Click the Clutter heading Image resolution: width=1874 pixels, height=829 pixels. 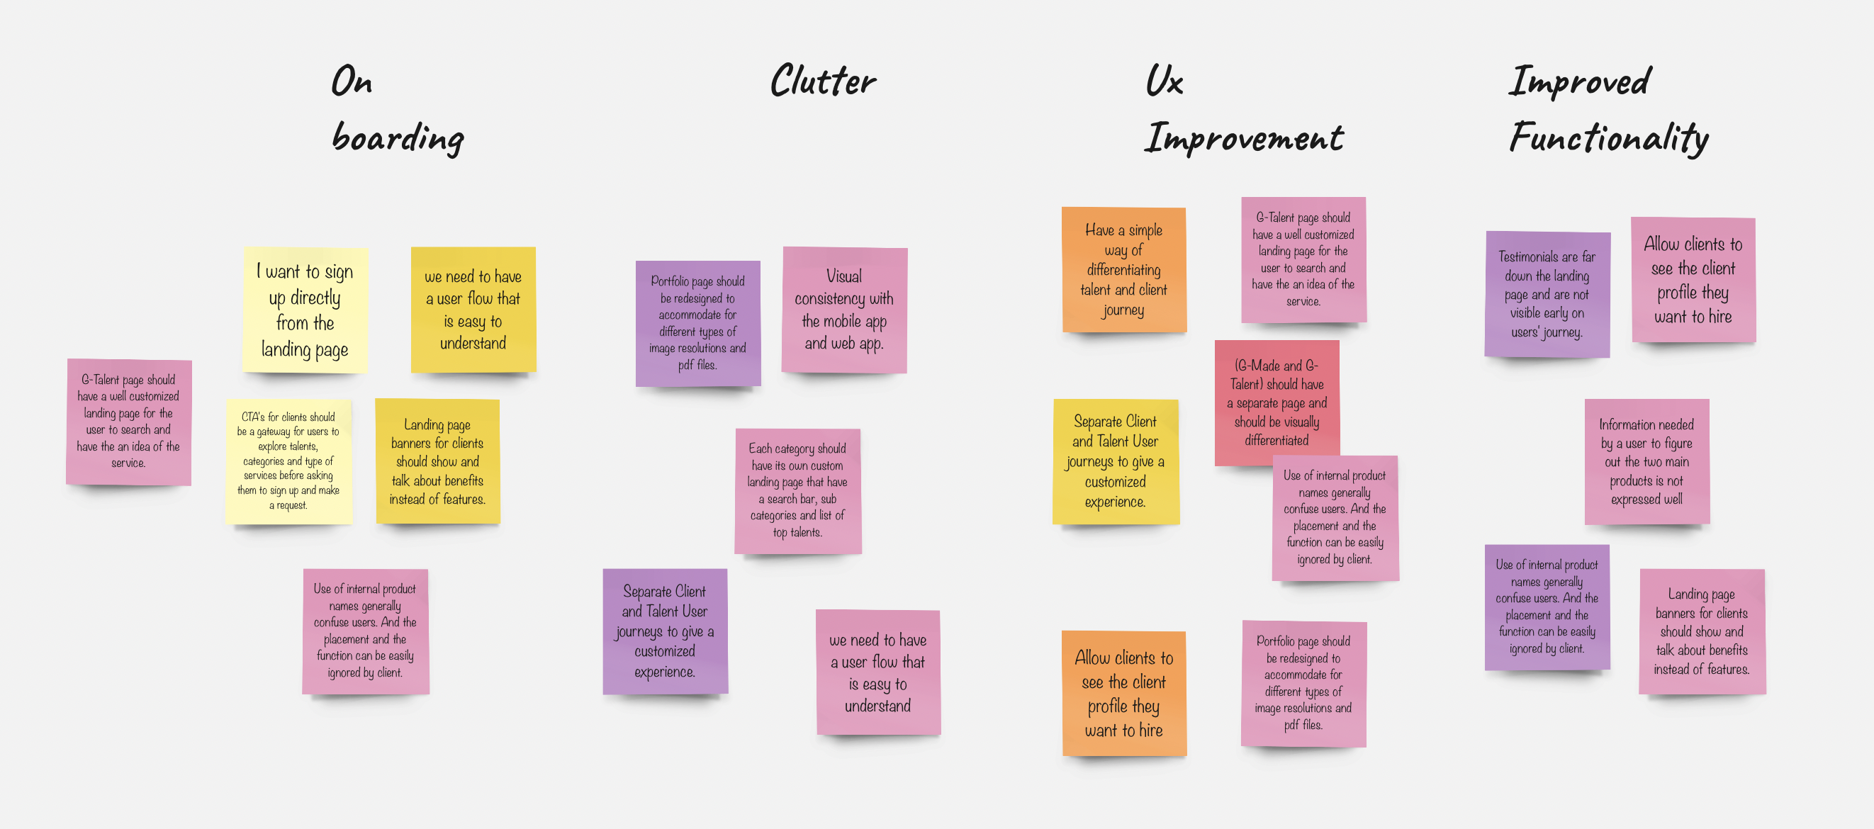coord(823,80)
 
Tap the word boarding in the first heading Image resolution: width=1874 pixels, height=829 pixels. coord(398,137)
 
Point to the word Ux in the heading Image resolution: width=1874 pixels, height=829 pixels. coord(1164,80)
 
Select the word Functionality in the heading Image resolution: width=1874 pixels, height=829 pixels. coord(1608,137)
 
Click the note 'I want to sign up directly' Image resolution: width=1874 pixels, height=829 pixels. coord(305,310)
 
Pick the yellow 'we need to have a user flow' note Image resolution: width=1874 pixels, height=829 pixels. coord(473,310)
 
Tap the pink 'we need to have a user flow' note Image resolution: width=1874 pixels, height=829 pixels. coord(878,672)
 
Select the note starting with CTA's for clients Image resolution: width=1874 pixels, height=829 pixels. coord(288,461)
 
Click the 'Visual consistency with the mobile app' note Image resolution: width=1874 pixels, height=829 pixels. coord(845,310)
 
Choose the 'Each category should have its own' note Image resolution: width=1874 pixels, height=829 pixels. coord(798,491)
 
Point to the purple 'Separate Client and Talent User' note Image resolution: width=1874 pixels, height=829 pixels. coord(665,631)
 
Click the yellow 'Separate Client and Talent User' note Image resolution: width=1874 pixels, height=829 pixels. coord(1116,462)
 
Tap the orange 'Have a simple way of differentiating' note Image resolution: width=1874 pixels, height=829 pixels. coord(1124,270)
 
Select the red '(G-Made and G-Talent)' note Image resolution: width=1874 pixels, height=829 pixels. coord(1277,403)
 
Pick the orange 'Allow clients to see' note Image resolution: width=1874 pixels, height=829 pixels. coord(1124,694)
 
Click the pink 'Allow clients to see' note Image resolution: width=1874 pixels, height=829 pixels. coord(1693,280)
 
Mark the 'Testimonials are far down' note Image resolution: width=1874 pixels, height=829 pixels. coord(1547,295)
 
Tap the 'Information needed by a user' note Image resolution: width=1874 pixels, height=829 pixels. coord(1647,462)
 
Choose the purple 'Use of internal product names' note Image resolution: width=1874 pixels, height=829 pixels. coord(1547,607)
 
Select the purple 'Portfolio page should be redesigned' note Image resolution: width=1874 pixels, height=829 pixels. coord(698,324)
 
